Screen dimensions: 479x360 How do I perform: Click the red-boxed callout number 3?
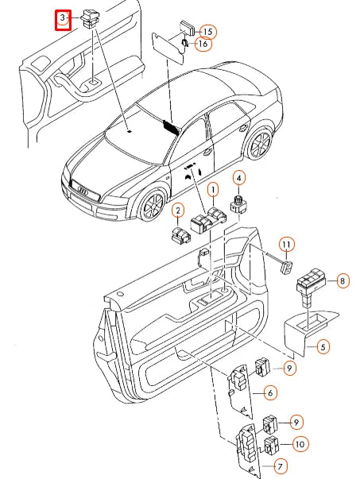click(64, 19)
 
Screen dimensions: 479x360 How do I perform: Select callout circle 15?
click(207, 31)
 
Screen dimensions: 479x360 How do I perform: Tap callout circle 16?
click(203, 44)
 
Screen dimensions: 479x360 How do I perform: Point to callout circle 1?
click(212, 191)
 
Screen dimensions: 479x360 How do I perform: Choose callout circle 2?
click(178, 211)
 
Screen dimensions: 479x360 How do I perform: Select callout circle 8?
click(343, 280)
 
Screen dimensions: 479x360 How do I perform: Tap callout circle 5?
click(323, 346)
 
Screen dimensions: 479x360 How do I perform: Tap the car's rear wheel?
click(258, 146)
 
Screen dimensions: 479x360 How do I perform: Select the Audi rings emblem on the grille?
click(82, 190)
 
